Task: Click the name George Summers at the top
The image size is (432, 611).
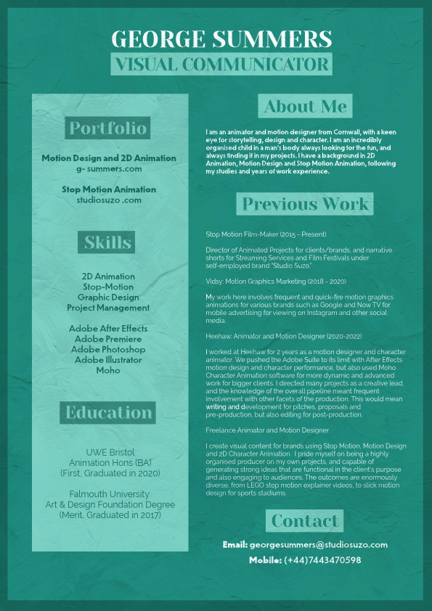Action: [221, 39]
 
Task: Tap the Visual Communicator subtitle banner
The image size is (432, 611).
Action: [221, 64]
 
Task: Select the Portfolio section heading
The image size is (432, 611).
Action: [108, 128]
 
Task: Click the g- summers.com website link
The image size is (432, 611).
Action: [109, 168]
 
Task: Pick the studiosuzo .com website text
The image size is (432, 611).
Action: [109, 200]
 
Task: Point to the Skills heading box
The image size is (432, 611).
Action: [108, 242]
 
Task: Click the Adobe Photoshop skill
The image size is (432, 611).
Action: [108, 349]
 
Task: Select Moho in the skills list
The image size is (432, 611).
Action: [108, 370]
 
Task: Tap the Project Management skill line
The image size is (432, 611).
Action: [108, 308]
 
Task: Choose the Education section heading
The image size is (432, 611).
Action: [108, 413]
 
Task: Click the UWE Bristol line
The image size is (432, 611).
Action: [108, 451]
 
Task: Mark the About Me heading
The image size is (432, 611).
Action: [305, 107]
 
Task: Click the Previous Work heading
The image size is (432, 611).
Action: [305, 204]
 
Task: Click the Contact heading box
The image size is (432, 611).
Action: [305, 521]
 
